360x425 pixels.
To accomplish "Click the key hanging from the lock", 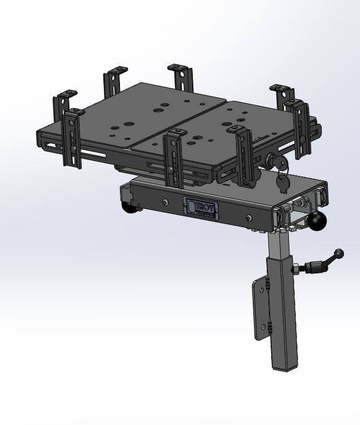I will coord(283,181).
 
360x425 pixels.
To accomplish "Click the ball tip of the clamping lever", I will coord(339,253).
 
